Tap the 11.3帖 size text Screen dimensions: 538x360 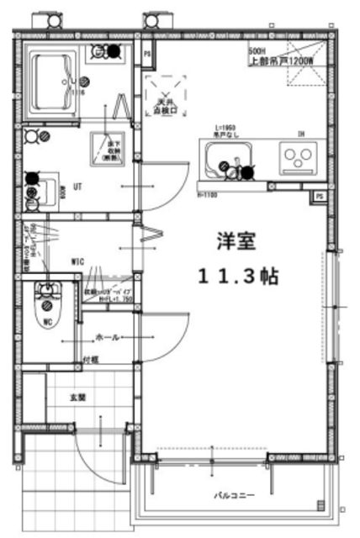pos(237,275)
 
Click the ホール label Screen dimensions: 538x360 pos(108,337)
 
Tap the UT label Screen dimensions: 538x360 pos(77,186)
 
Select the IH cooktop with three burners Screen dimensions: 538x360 pos(298,158)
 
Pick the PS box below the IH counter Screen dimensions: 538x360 pos(320,197)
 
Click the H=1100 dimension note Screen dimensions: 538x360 pos(208,195)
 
